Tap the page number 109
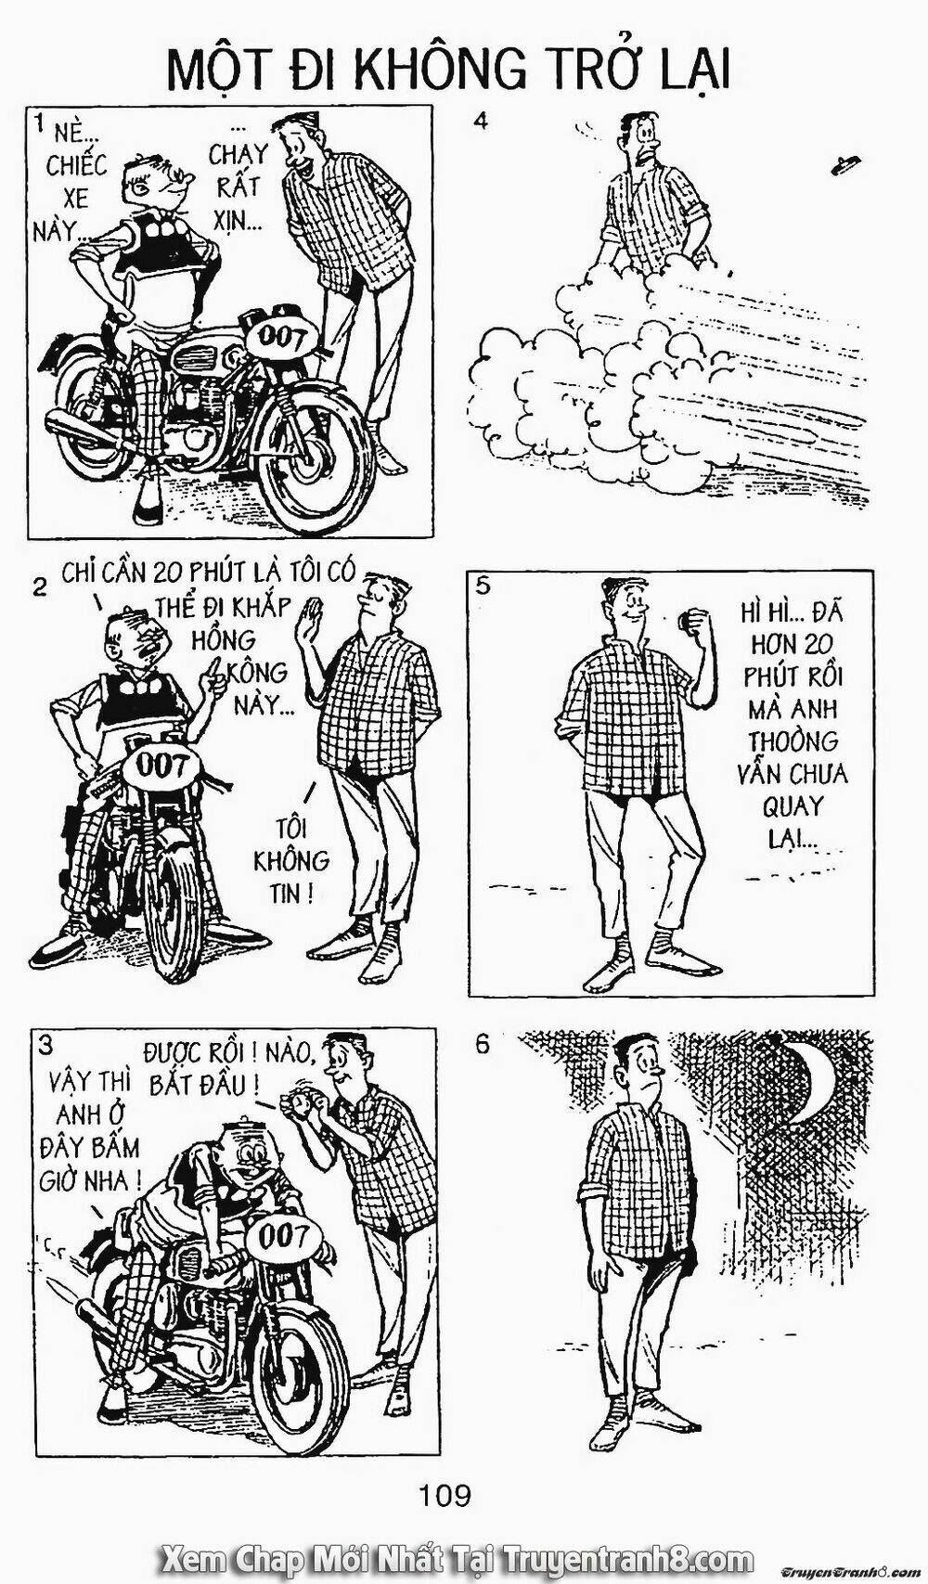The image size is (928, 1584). [445, 1512]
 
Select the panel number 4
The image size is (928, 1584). [481, 121]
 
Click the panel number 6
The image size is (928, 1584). [482, 1045]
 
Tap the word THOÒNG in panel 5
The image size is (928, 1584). [793, 741]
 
